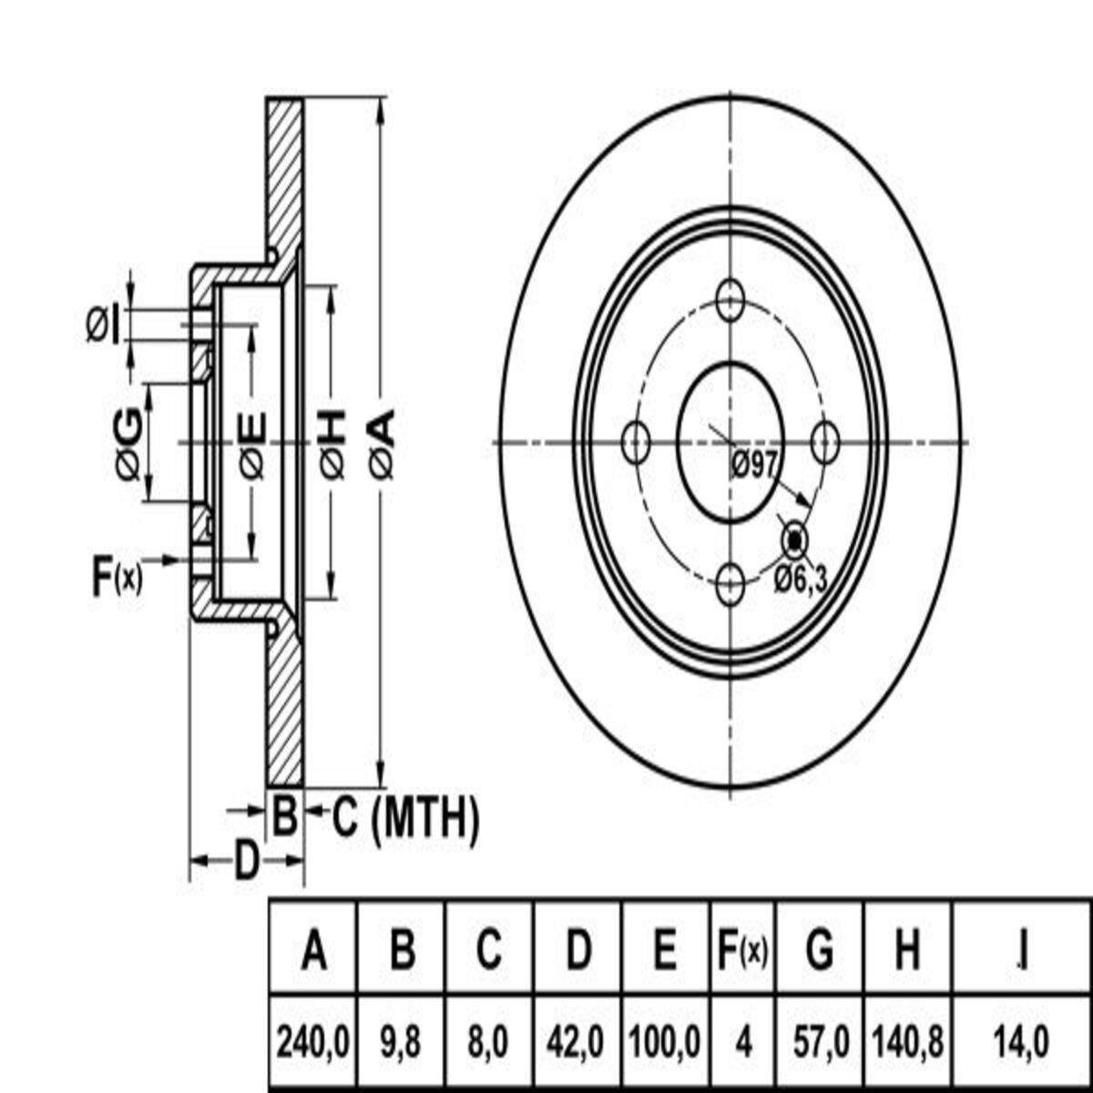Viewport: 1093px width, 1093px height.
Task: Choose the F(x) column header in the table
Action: point(742,950)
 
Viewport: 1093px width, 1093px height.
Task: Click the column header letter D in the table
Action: point(577,950)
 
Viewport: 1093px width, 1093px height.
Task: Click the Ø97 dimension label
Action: point(754,467)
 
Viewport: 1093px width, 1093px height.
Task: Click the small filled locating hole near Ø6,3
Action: point(794,540)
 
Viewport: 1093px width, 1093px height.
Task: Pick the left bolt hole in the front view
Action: point(635,443)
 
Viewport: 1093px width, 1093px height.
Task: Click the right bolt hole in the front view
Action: point(824,443)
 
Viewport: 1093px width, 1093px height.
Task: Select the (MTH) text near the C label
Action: point(424,820)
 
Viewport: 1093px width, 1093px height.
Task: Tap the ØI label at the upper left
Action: point(103,327)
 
